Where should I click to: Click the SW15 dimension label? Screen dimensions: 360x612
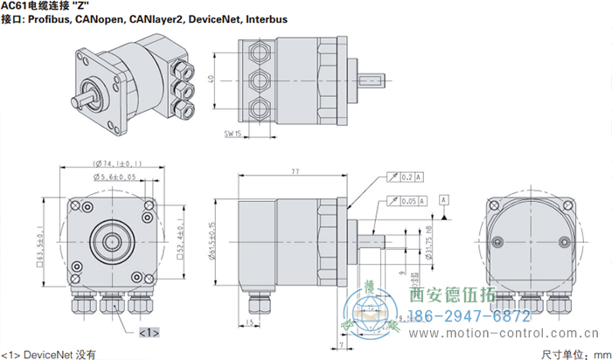tap(233, 134)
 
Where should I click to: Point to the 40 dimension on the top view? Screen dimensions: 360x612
tap(212, 80)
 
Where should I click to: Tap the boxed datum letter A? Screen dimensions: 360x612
tap(445, 201)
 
